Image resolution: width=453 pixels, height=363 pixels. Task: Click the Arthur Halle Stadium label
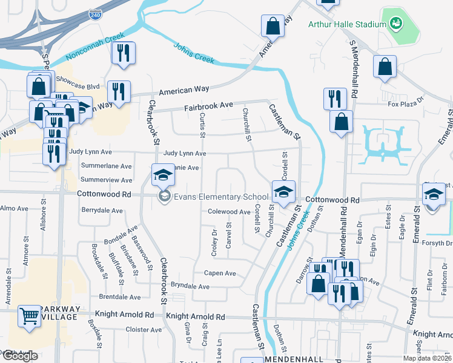pos(347,24)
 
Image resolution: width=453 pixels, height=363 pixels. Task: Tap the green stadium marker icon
pos(396,24)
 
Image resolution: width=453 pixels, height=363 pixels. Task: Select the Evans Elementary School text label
pos(221,197)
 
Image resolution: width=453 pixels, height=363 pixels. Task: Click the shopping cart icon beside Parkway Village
pos(29,315)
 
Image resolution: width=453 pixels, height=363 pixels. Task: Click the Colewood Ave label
pos(229,212)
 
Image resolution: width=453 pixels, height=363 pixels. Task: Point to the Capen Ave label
pos(220,273)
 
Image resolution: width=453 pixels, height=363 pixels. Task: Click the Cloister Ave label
pos(144,330)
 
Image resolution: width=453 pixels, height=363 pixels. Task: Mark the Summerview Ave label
pos(106,180)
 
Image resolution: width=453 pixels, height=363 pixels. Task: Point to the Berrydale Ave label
pos(102,210)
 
